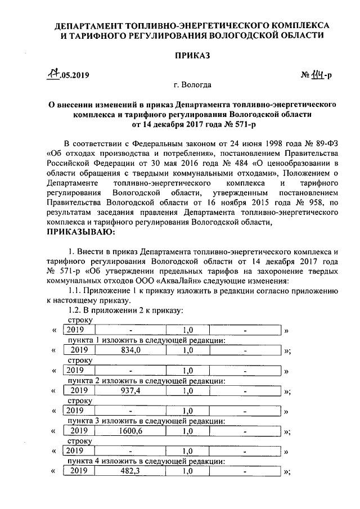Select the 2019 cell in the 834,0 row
(79, 350)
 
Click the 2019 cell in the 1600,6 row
(79, 431)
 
